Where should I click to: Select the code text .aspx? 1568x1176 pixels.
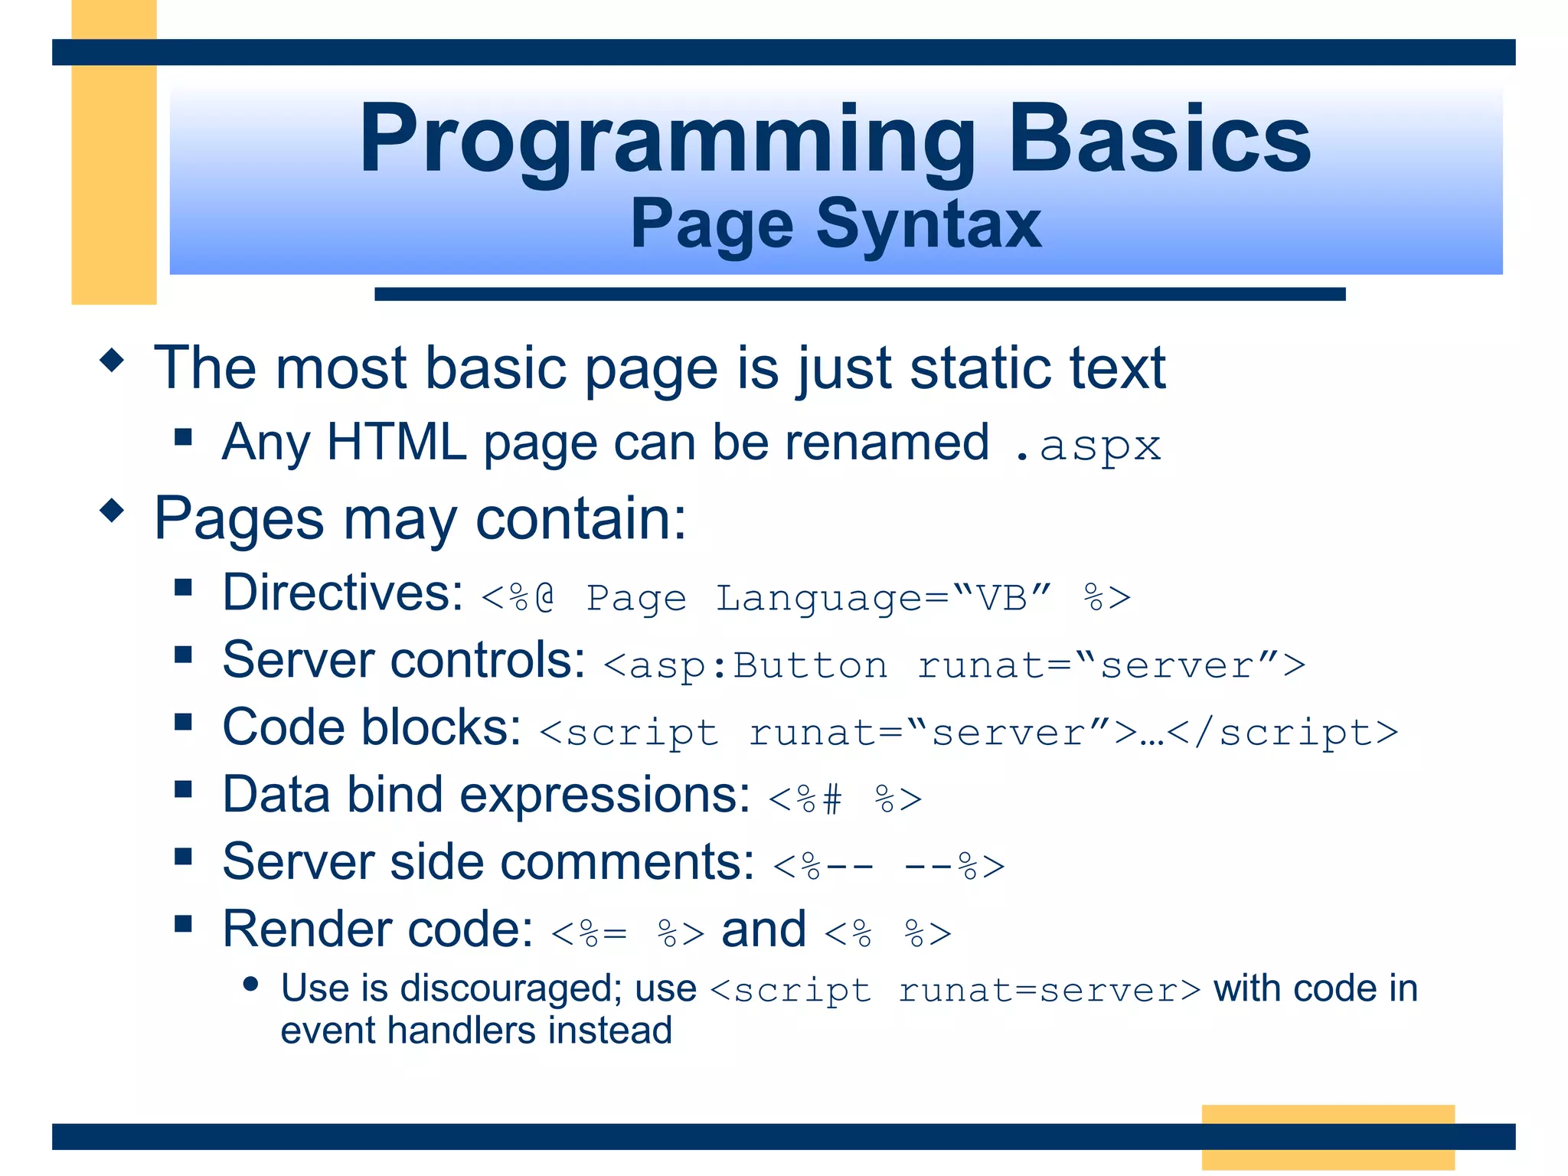[1087, 446]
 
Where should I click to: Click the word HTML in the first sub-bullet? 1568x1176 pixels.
[397, 443]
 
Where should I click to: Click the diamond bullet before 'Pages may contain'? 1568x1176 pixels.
[112, 510]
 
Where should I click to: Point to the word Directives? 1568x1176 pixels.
[342, 593]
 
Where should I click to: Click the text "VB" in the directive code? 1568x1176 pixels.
[1001, 597]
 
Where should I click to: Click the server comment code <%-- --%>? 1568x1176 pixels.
[889, 867]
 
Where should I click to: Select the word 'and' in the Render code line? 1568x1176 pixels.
[763, 929]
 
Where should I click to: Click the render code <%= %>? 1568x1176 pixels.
[627, 933]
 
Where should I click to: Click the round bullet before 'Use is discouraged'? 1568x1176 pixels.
[250, 985]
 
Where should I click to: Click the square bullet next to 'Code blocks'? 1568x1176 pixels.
[183, 722]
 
